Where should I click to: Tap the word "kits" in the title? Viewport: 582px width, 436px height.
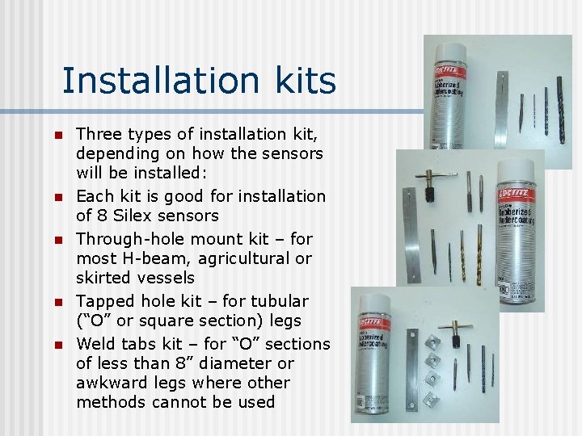click(x=305, y=81)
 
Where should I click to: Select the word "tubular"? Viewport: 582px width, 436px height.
click(x=278, y=301)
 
